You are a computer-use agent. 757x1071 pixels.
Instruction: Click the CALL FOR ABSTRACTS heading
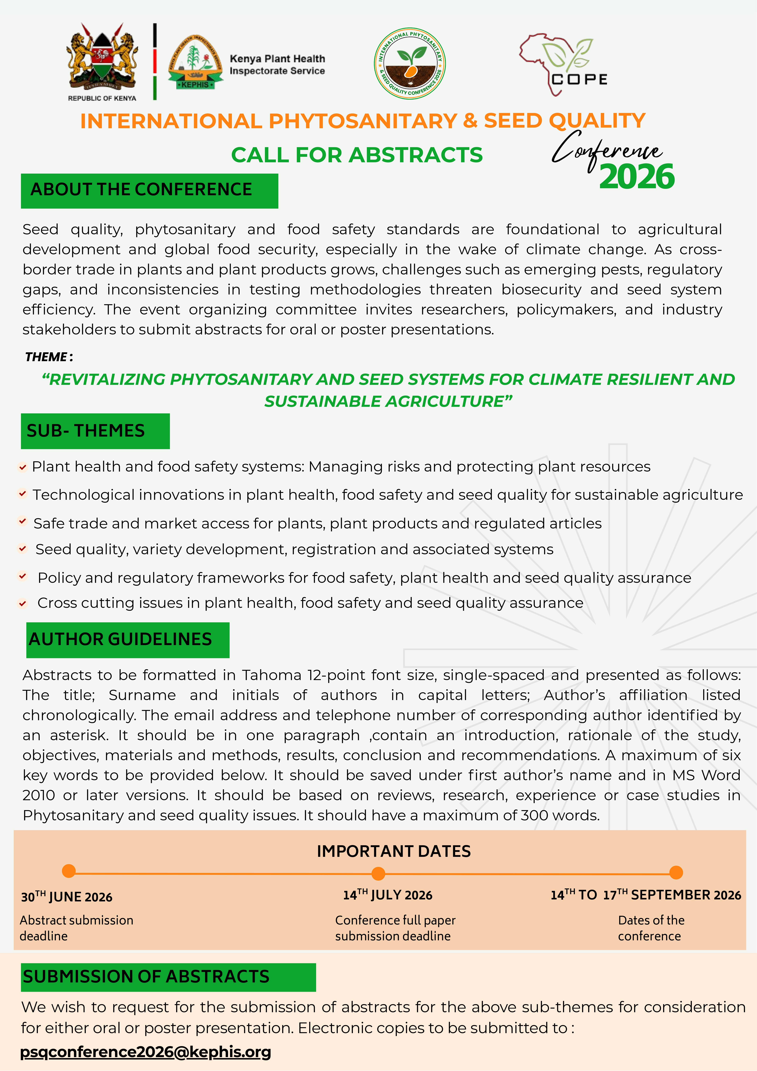(x=357, y=155)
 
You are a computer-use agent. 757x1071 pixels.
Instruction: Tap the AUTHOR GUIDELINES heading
(x=127, y=639)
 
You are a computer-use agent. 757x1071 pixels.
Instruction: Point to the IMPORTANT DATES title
(x=394, y=851)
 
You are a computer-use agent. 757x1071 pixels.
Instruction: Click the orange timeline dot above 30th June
(x=69, y=871)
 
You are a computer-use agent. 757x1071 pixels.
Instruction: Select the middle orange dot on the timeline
(x=378, y=873)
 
